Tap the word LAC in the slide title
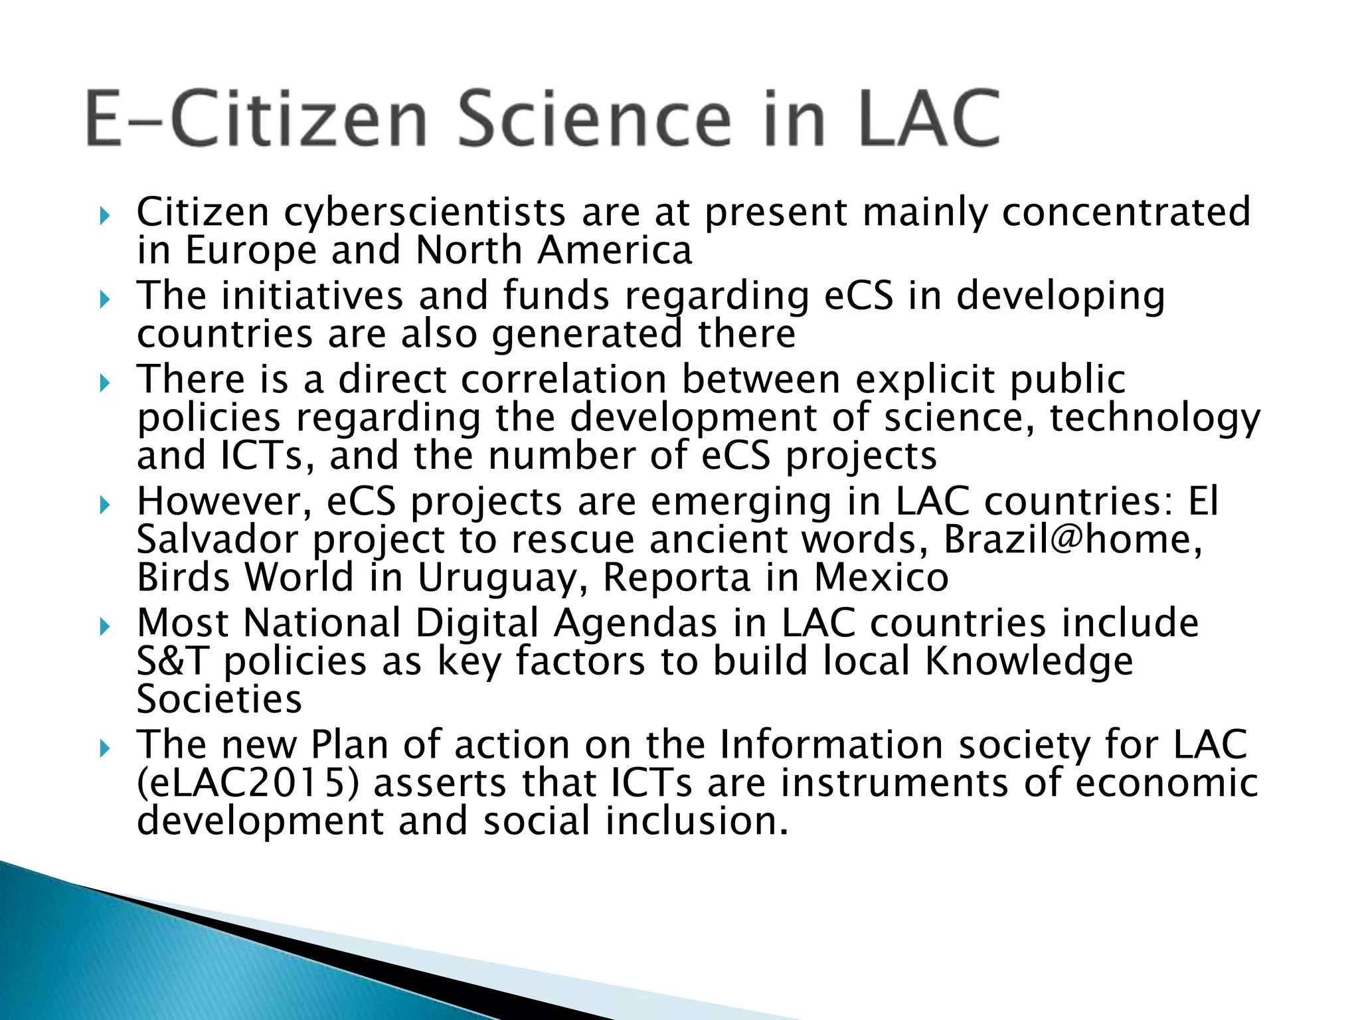(930, 120)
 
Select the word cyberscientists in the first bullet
(425, 212)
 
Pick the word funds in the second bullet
(556, 296)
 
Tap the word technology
(1155, 418)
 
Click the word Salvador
(217, 539)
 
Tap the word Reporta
(676, 578)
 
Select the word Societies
(219, 699)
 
